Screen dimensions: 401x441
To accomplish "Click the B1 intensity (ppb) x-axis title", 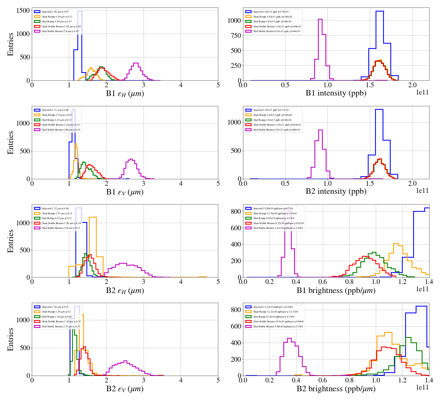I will pos(336,93).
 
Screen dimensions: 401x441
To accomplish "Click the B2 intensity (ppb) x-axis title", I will pos(336,191).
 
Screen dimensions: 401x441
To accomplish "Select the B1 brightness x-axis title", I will pos(336,290).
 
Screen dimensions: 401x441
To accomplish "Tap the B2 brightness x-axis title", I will pos(336,389).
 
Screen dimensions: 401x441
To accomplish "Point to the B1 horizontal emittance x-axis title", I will pos(125,94).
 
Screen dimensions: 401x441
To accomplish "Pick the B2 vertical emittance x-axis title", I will pos(125,389).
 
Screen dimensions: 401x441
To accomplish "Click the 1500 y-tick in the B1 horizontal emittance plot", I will pos(23,11).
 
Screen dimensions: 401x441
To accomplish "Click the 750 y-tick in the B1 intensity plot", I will pos(234,36).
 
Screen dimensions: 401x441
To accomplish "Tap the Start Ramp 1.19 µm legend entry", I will pos(57,115).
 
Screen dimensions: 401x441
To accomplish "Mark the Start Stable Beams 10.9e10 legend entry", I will pos(278,322).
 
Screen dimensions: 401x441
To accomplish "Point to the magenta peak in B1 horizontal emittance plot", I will pos(136,63).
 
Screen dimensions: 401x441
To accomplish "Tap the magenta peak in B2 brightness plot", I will pos(289,339).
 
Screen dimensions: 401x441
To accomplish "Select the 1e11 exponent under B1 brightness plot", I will pos(422,289).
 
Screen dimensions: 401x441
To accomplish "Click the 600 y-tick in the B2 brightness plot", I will pos(236,326).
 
